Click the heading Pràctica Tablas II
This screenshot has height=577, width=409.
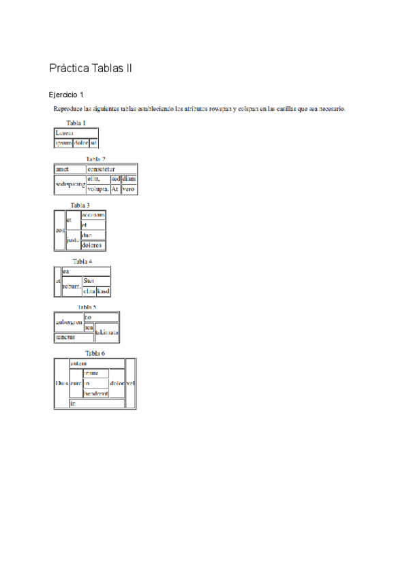click(91, 69)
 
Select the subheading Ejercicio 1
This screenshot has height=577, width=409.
click(66, 95)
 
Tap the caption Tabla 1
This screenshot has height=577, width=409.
click(76, 123)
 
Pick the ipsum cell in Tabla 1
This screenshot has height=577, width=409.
click(63, 143)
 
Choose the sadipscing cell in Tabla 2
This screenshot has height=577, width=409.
click(70, 184)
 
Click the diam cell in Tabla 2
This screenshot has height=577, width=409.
click(129, 179)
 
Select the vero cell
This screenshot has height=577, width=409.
click(129, 189)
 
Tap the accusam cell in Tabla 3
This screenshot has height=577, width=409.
click(93, 215)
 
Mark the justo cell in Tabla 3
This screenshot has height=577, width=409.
click(73, 240)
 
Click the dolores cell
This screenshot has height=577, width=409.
click(93, 246)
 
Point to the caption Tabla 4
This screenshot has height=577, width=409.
click(82, 261)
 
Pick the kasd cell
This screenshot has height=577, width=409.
click(104, 291)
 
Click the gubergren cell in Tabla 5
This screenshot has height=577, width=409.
click(69, 322)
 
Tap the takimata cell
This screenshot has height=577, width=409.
click(107, 332)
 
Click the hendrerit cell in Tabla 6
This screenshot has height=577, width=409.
click(95, 393)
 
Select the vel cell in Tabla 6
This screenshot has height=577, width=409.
click(131, 383)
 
